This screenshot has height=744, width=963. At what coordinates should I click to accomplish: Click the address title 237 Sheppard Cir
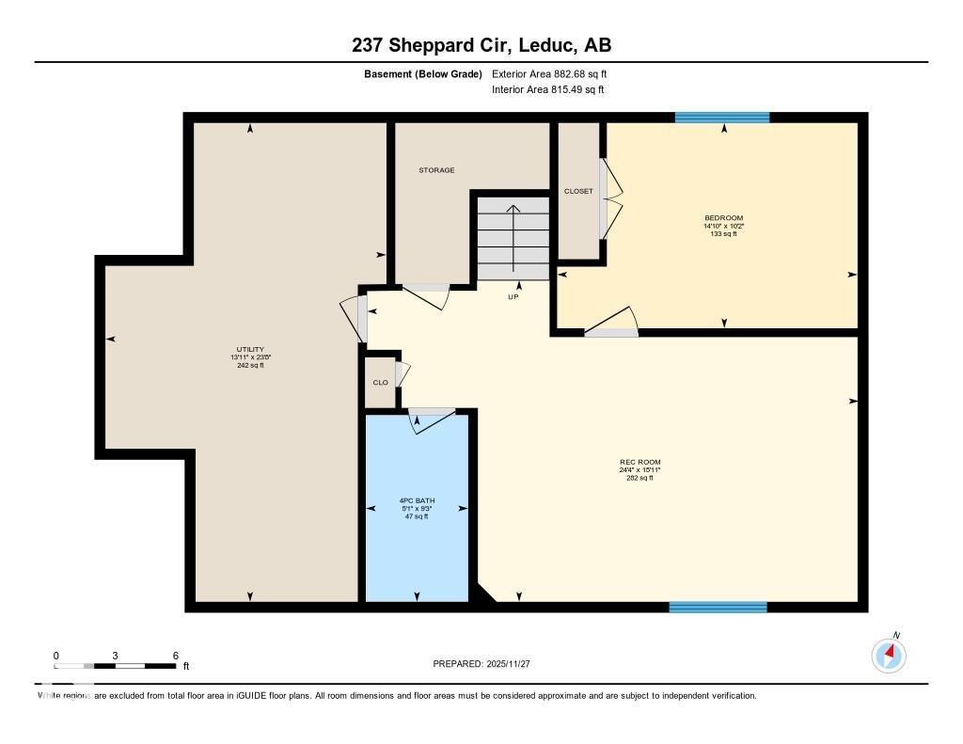point(481,45)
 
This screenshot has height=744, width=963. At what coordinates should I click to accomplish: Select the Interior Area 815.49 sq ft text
point(547,90)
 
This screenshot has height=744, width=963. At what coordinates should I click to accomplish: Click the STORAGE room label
point(436,170)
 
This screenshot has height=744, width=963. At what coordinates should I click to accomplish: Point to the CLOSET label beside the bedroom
point(578,191)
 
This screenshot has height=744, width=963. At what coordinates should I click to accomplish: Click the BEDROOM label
point(723,217)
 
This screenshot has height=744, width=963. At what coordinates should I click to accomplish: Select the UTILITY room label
point(249,349)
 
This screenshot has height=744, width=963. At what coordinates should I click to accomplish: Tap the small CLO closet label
point(380,383)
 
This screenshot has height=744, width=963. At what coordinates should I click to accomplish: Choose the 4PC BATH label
point(417,500)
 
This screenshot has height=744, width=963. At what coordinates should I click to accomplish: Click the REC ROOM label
point(639,462)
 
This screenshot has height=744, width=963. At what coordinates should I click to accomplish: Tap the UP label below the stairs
point(513,296)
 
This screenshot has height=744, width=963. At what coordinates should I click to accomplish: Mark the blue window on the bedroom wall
point(722,118)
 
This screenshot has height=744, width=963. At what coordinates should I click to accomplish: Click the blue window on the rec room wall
point(718,607)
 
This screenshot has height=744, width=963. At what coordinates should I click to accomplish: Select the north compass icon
point(889,655)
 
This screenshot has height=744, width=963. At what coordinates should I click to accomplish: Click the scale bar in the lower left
point(115,666)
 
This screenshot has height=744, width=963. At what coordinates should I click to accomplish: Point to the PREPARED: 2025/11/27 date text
point(481,664)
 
